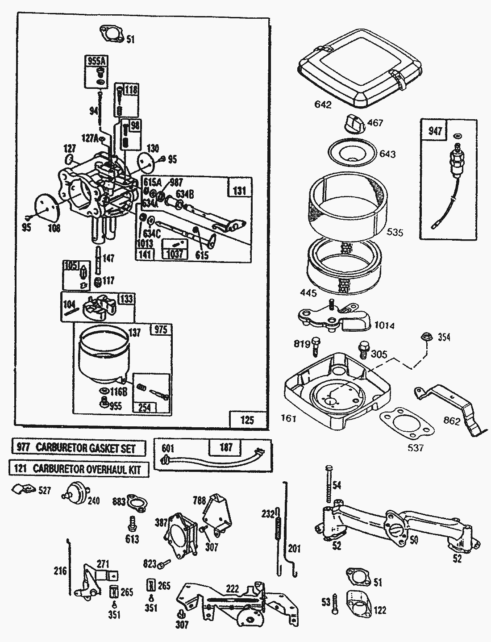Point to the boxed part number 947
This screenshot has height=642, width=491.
pyautogui.click(x=435, y=131)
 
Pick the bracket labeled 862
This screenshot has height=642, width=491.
pyautogui.click(x=451, y=406)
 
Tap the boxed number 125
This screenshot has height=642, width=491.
pyautogui.click(x=247, y=420)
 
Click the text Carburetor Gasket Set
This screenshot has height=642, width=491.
pyautogui.click(x=85, y=448)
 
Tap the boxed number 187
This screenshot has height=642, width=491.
pyautogui.click(x=226, y=447)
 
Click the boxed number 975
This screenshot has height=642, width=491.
pyautogui.click(x=160, y=329)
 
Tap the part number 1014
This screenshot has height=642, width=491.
pyautogui.click(x=384, y=325)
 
